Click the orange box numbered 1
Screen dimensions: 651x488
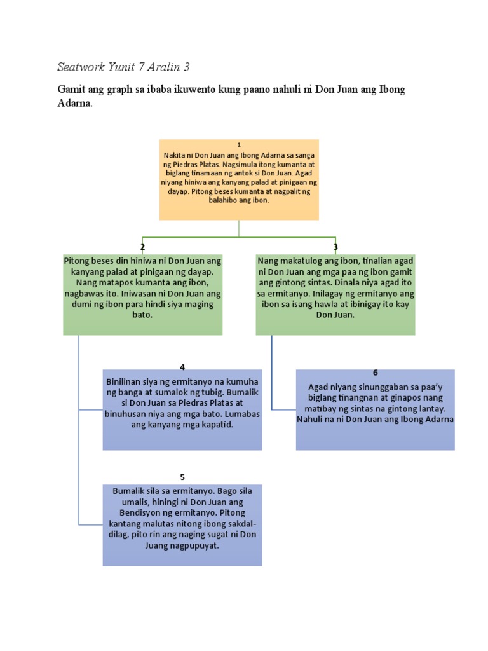[x=239, y=180]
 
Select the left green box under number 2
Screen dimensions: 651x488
[x=143, y=294]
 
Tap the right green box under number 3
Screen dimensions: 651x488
[x=335, y=294]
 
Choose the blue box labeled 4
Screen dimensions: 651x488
[x=182, y=410]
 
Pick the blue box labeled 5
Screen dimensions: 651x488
[x=182, y=525]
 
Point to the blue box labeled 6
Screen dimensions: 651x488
[x=375, y=410]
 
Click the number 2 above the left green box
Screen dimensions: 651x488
[x=143, y=247]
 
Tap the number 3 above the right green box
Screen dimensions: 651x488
[x=335, y=247]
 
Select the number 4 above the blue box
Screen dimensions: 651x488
[x=182, y=367]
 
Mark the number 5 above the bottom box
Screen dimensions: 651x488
[x=182, y=476]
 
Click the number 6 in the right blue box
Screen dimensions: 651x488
[x=376, y=373]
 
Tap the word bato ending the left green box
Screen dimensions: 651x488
[x=142, y=315]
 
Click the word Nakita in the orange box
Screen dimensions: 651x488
[x=175, y=155]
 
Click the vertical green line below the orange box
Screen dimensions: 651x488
[x=239, y=228]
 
